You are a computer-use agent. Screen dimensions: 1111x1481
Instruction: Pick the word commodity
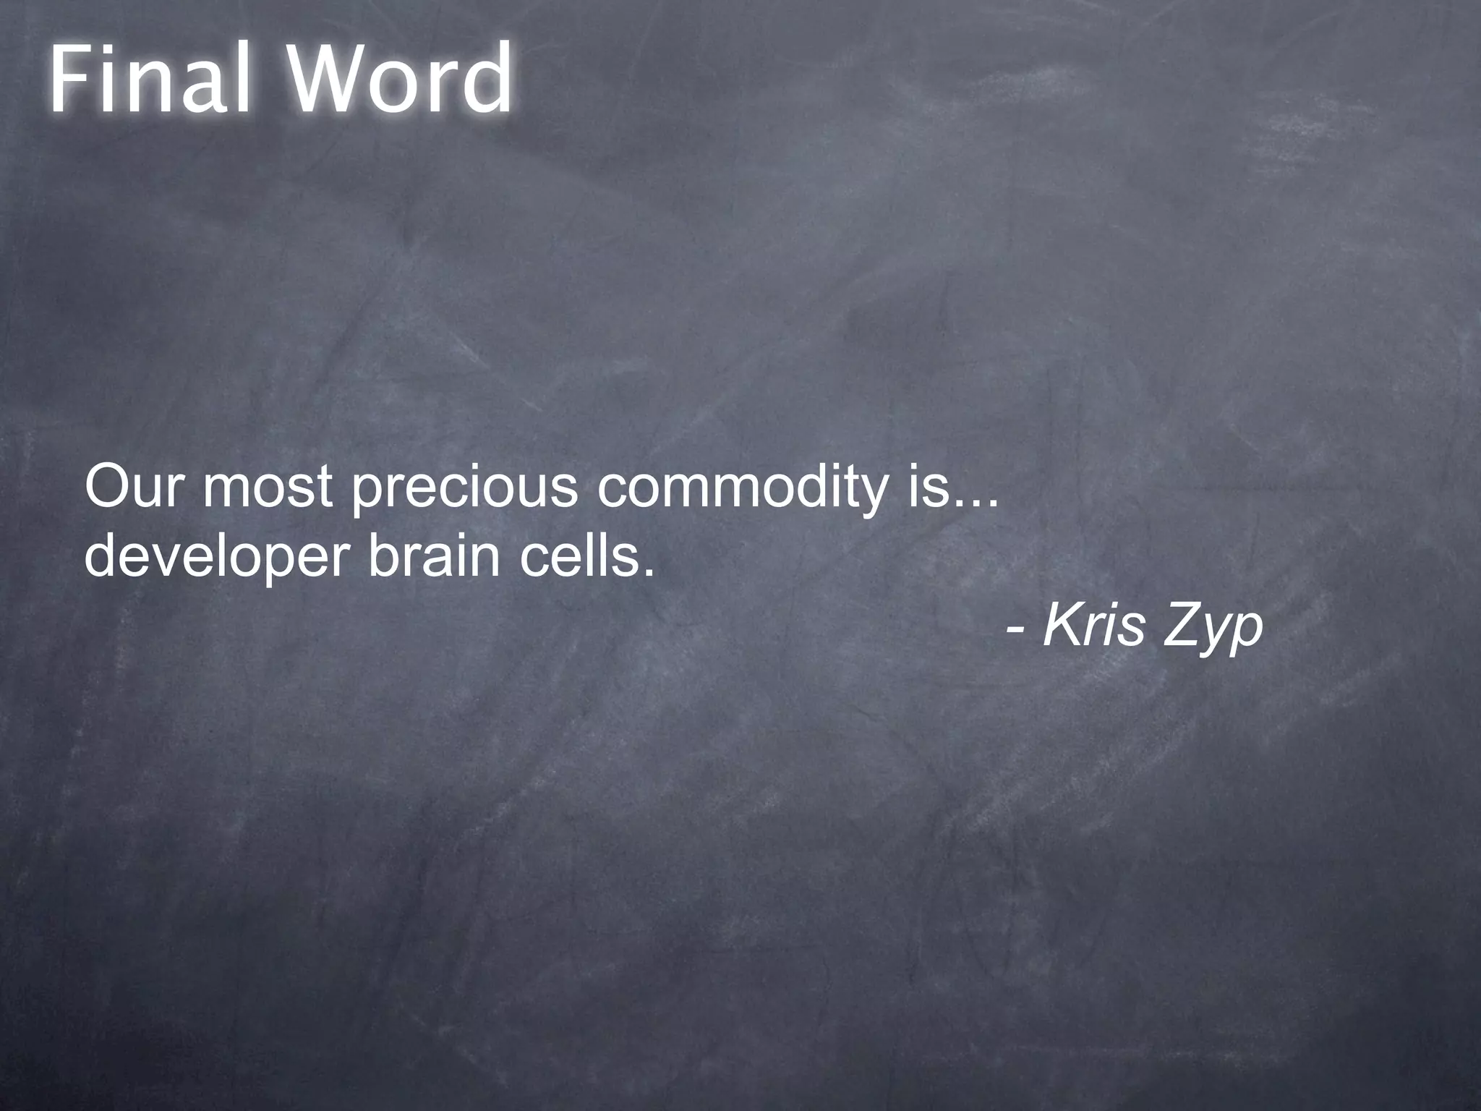(742, 489)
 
